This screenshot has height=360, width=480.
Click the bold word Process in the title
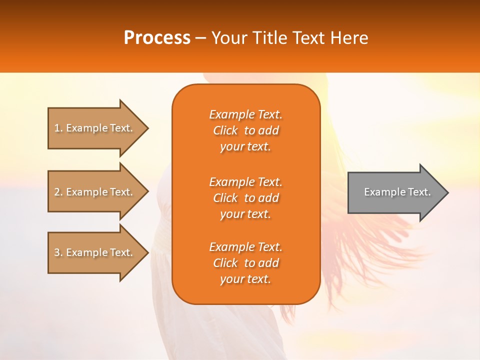tap(157, 38)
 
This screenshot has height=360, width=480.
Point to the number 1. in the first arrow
tap(58, 128)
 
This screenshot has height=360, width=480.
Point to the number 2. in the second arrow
tap(58, 192)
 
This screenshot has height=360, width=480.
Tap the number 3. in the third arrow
tap(58, 252)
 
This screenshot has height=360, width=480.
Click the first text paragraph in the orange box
tap(245, 130)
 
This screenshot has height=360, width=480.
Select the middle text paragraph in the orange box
tap(245, 198)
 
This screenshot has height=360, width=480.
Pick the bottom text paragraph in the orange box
tap(245, 263)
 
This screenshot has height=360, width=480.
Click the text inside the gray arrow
tap(397, 192)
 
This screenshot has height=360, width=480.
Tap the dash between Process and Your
tap(201, 38)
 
